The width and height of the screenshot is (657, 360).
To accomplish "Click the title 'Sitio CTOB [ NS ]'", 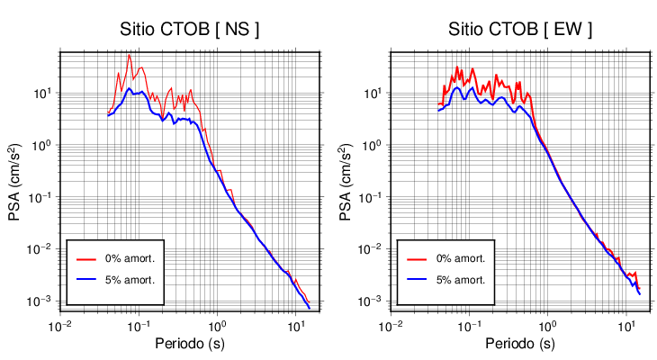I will click(x=190, y=30).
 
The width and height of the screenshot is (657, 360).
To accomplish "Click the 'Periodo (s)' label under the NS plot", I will click(x=190, y=344).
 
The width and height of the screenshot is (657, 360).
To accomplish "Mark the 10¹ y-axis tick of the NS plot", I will click(x=43, y=93).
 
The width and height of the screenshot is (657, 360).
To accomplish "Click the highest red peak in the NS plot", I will click(x=129, y=56).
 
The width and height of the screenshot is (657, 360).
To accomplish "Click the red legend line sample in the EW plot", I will click(x=418, y=259).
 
